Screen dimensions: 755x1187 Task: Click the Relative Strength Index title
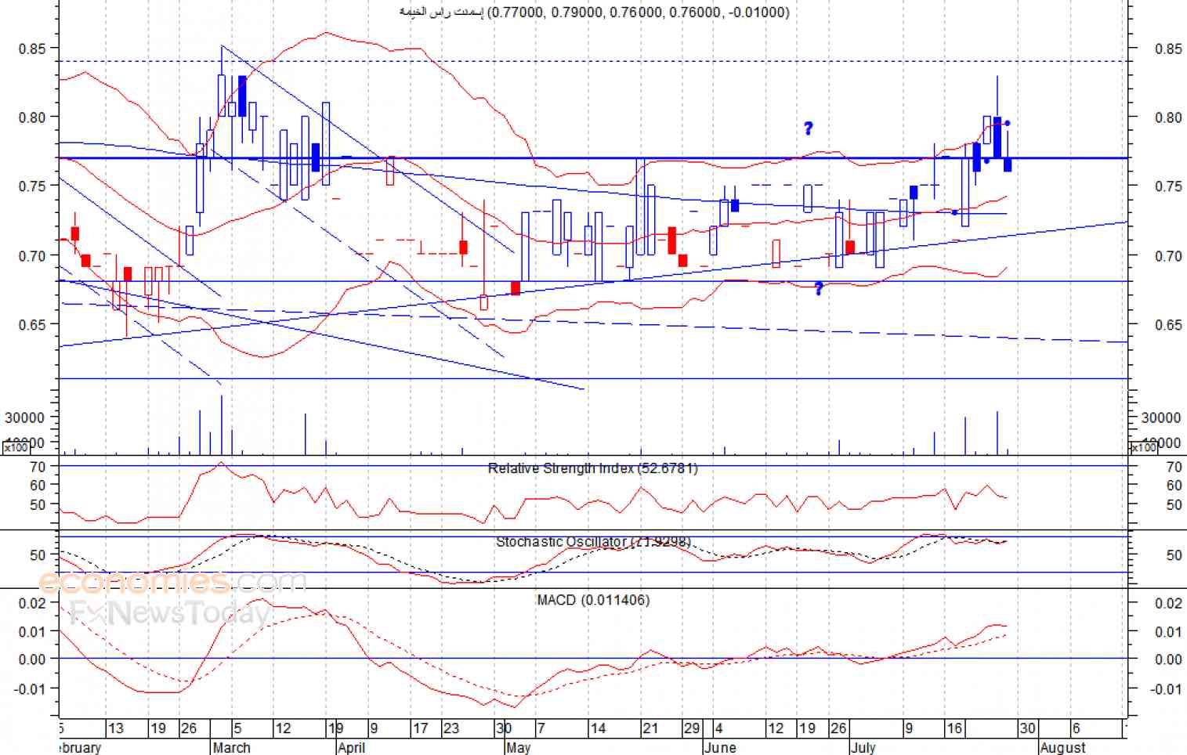(592, 468)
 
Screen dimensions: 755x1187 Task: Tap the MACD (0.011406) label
(593, 600)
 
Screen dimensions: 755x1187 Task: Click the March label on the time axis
(232, 747)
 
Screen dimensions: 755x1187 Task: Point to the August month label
(1063, 747)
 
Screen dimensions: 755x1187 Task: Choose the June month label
(720, 747)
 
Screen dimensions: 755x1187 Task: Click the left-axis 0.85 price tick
(32, 49)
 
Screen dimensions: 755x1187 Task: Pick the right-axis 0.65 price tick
(1168, 324)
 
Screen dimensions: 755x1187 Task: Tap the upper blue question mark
(809, 128)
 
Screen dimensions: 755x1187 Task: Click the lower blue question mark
(819, 289)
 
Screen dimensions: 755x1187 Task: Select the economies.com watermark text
(172, 582)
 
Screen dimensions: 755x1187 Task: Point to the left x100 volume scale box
(16, 448)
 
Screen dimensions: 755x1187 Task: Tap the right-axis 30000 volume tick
(1161, 418)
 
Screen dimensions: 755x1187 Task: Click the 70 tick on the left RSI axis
(38, 467)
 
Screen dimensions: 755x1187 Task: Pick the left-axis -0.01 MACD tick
(32, 688)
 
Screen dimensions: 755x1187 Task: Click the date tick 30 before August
(1027, 728)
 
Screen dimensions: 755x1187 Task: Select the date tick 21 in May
(650, 728)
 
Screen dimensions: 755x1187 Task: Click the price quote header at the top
(595, 12)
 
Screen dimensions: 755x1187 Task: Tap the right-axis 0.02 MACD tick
(1168, 603)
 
